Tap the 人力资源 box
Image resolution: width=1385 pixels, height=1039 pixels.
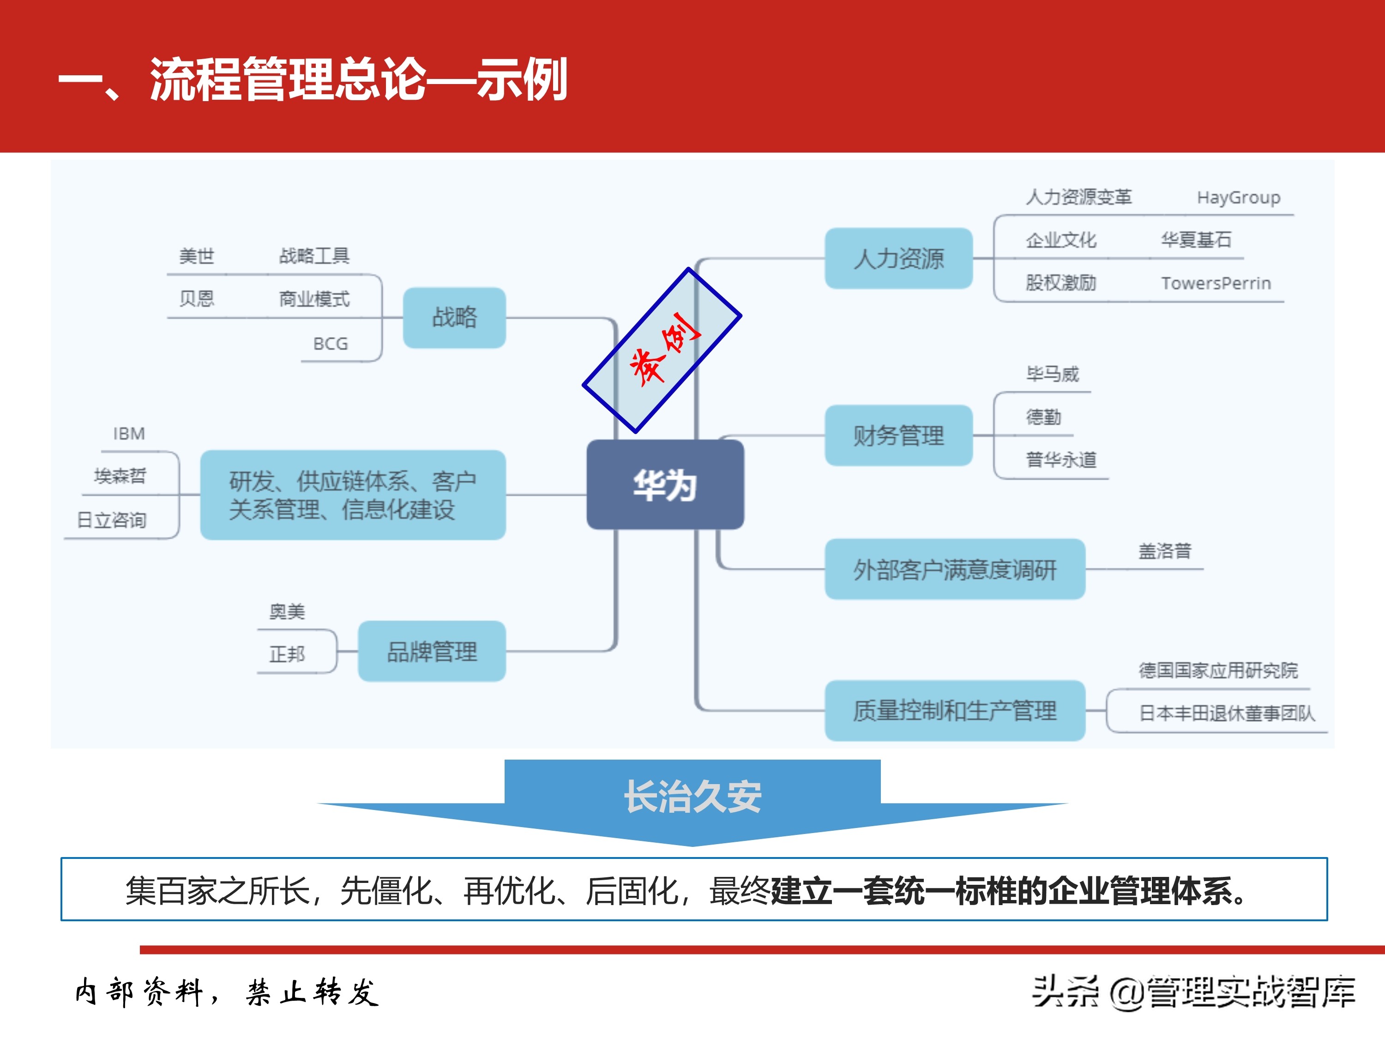898,259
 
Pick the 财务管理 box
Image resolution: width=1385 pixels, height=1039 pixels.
898,436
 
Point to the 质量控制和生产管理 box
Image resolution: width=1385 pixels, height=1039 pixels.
954,711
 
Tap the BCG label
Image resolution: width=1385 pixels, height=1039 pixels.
330,344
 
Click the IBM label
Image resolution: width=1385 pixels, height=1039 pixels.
129,434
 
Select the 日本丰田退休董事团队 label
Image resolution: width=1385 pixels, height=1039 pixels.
1227,713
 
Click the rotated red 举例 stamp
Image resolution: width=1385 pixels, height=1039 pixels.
662,350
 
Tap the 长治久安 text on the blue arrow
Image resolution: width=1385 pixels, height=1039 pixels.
692,797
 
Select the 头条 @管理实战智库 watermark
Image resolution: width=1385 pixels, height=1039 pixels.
1193,992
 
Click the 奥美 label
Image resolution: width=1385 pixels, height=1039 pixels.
287,611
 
